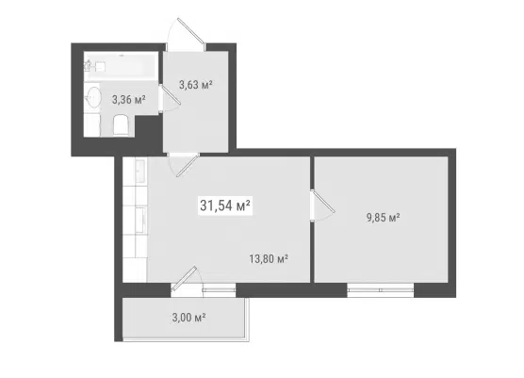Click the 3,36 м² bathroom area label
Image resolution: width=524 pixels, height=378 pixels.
click(x=129, y=100)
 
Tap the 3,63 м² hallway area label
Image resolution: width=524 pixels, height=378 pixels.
click(x=196, y=85)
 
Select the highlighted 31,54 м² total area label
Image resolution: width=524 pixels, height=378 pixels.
click(x=225, y=205)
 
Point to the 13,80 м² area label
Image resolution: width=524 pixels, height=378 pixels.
click(x=269, y=258)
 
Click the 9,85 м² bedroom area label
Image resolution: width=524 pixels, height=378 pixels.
click(x=384, y=218)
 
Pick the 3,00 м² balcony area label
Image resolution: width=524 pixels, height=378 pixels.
click(x=188, y=317)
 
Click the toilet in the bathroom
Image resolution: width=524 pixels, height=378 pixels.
click(x=121, y=125)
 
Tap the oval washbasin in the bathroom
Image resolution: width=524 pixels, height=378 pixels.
click(x=92, y=97)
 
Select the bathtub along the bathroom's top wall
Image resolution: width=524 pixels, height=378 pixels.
click(x=121, y=66)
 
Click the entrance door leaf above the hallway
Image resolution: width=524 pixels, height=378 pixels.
click(x=190, y=31)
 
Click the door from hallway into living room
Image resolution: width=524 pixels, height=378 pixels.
click(x=188, y=166)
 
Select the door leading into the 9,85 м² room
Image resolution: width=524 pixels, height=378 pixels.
click(x=323, y=201)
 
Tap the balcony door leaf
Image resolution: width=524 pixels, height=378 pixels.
click(x=184, y=278)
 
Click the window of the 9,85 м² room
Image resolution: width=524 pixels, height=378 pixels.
click(x=381, y=289)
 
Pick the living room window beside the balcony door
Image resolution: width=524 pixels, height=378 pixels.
click(x=219, y=289)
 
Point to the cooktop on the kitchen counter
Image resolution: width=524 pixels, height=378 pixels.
click(x=140, y=219)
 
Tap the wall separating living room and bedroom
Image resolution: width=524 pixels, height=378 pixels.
click(x=312, y=220)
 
